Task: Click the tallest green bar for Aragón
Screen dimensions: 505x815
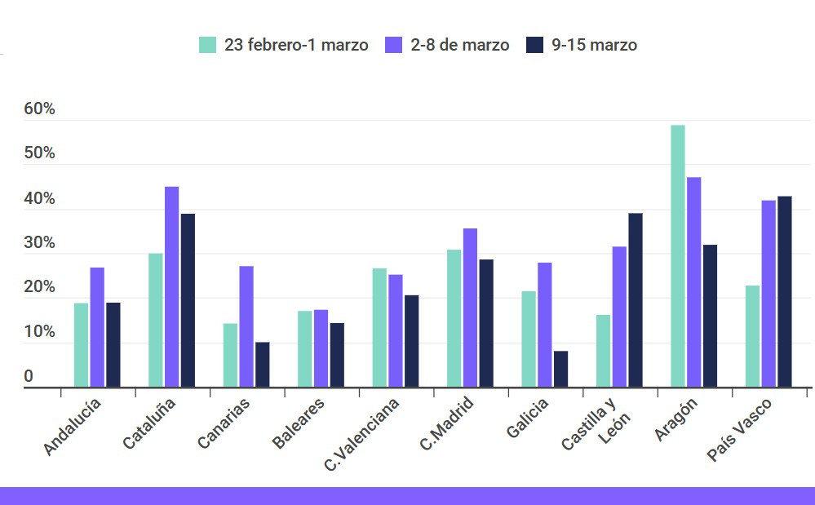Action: [x=677, y=256]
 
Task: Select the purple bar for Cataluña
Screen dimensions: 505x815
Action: [x=171, y=286]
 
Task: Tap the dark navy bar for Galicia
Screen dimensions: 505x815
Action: [x=560, y=369]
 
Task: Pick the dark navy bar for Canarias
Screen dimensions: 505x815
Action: [x=262, y=365]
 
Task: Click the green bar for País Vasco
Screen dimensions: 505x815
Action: [x=752, y=336]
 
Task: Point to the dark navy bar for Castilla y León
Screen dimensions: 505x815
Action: [x=635, y=300]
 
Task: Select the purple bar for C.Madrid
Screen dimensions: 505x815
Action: [x=470, y=308]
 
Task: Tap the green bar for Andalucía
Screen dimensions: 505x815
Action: [x=81, y=345]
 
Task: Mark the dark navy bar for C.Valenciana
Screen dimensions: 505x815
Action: [x=411, y=341]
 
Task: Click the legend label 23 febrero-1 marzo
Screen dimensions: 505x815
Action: [x=296, y=45]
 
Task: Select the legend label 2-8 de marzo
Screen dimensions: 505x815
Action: [x=459, y=45]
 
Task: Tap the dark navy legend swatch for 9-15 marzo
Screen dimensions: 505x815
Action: [x=534, y=45]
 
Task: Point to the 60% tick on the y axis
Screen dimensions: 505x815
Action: [x=39, y=109]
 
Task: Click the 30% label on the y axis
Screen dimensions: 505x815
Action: [x=39, y=243]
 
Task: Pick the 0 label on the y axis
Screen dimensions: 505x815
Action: [x=29, y=376]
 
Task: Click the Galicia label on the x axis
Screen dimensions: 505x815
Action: [x=527, y=418]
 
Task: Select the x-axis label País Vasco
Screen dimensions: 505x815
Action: [x=739, y=430]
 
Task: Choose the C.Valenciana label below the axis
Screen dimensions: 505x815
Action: [x=362, y=435]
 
